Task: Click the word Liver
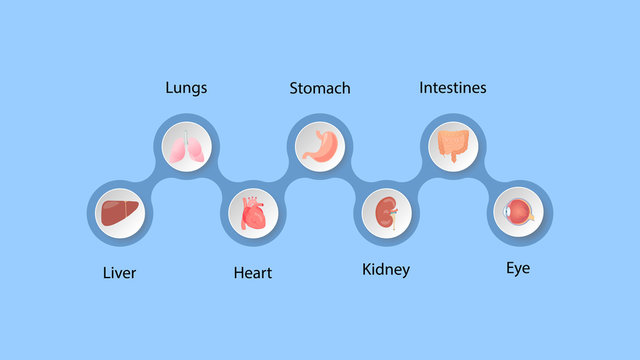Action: click(x=119, y=272)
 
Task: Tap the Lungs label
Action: click(x=186, y=88)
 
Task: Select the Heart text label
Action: click(x=252, y=272)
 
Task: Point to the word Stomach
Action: click(x=320, y=88)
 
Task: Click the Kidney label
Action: click(x=385, y=270)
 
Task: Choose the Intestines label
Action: click(x=452, y=88)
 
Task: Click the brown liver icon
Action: click(x=121, y=213)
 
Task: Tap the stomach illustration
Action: click(x=320, y=146)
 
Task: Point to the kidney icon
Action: click(x=386, y=213)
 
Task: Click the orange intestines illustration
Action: click(x=452, y=146)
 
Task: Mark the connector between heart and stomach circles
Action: click(x=287, y=180)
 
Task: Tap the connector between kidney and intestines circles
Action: click(x=419, y=180)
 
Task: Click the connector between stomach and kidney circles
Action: click(x=353, y=180)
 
